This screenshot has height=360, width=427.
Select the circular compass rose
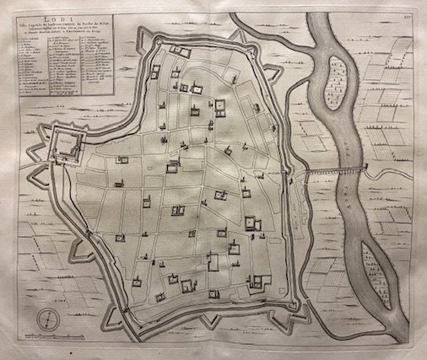50,319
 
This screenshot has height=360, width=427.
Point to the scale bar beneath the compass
50,336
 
